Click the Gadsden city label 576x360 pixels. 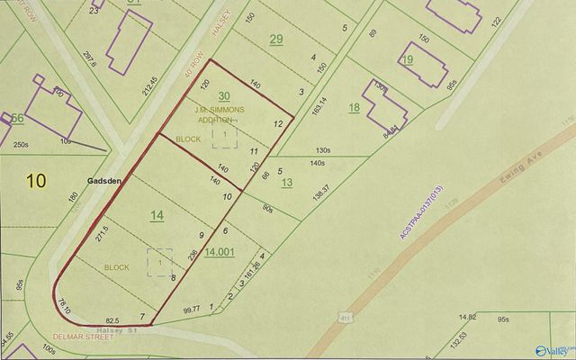(103, 180)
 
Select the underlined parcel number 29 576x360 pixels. (276, 39)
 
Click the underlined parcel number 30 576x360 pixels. (224, 95)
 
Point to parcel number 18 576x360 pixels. (354, 108)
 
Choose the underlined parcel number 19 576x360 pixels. (408, 59)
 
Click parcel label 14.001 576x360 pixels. (220, 253)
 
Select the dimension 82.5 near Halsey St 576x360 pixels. (112, 320)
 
